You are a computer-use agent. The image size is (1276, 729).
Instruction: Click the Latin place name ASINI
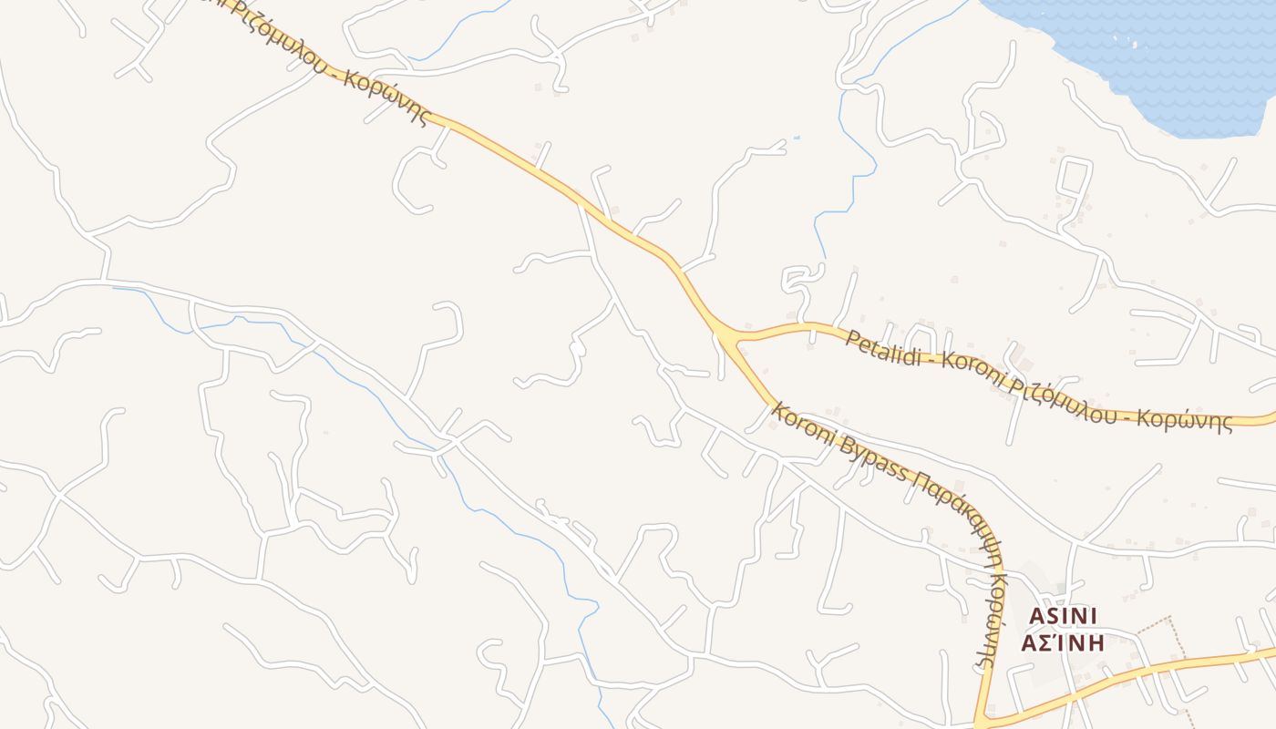point(1063,617)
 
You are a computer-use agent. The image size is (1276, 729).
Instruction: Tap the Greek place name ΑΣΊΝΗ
point(1063,643)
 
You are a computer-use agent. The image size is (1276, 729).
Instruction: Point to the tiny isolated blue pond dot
point(797,138)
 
